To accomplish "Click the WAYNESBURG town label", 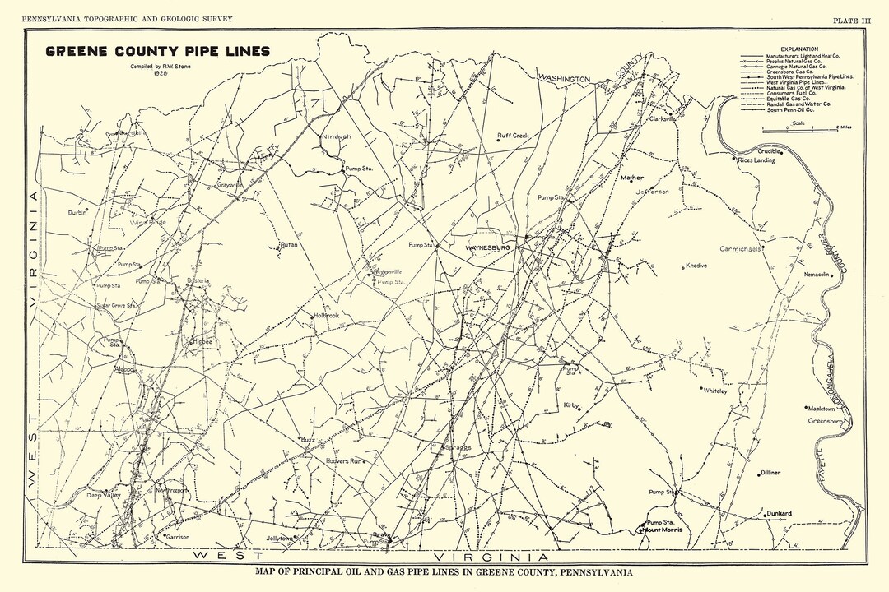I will [489, 247].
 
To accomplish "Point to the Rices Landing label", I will [756, 160].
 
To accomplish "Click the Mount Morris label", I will [662, 530].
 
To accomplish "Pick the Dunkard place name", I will [778, 514].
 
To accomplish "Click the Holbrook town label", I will [326, 316].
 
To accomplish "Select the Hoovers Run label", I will [343, 462].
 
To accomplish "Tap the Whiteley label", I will [716, 391].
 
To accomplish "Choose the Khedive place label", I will [696, 266].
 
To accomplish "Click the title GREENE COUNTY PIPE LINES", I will [157, 51].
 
